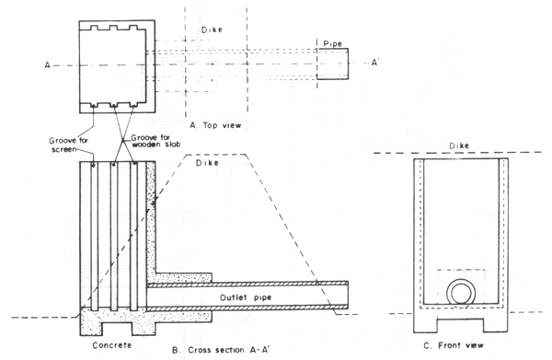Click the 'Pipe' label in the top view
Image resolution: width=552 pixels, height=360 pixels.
331,42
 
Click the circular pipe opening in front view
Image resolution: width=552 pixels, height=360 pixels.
458,294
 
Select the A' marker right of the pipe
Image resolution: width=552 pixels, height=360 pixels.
369,65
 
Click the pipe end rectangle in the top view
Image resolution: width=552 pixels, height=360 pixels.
333,64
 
